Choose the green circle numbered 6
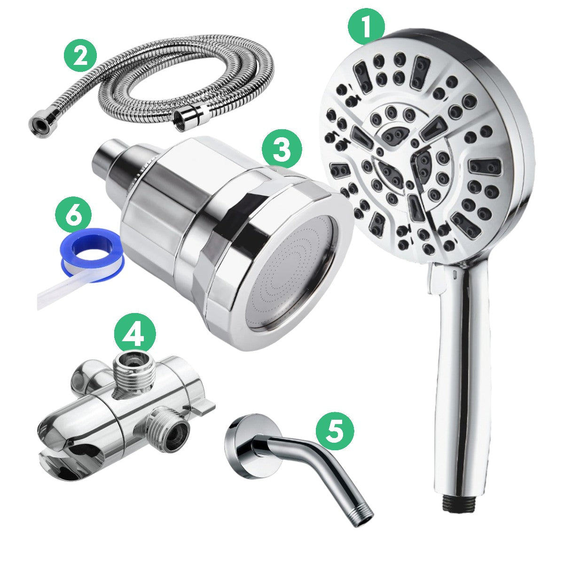(x=73, y=216)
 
